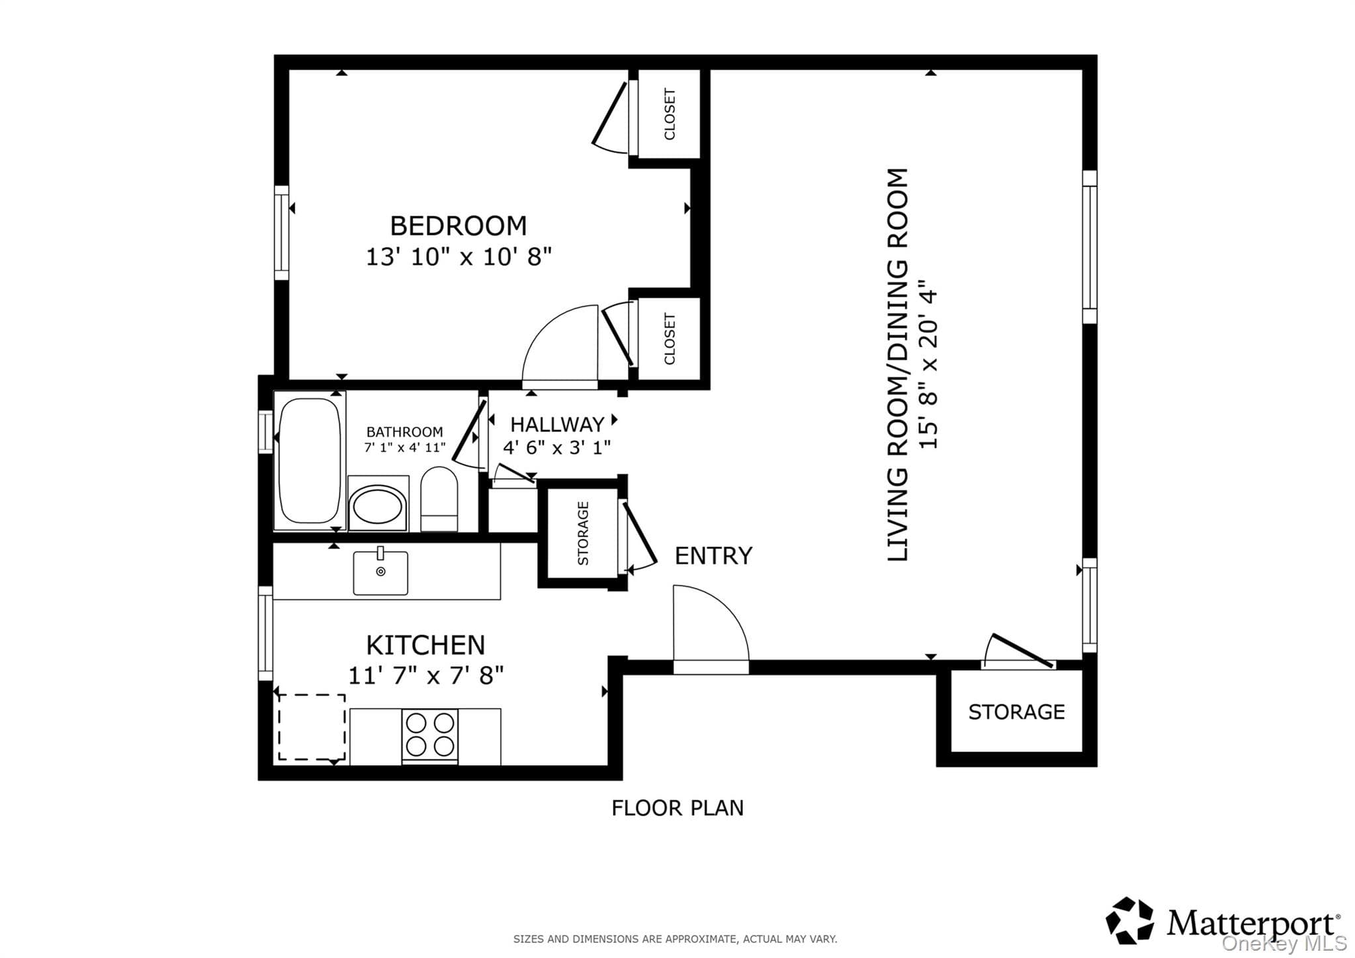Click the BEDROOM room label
click(x=458, y=226)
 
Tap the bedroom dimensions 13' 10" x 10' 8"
click(x=459, y=257)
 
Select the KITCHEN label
click(x=425, y=645)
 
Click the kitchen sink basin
click(x=380, y=573)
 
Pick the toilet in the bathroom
click(x=439, y=499)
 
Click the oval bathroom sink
click(x=378, y=507)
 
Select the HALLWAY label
click(x=557, y=424)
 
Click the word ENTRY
click(x=713, y=556)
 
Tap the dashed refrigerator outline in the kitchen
click(x=312, y=727)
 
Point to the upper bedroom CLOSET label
click(x=670, y=114)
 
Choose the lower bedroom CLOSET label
click(x=670, y=339)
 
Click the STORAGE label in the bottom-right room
click(x=1016, y=712)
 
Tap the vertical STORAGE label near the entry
click(x=583, y=533)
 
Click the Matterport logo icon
click(x=1129, y=920)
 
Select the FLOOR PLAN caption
click(x=677, y=808)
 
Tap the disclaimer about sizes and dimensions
click(x=675, y=939)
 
